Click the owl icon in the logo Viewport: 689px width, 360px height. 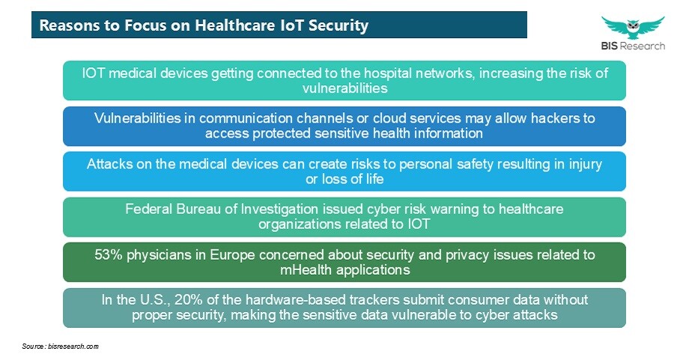click(633, 27)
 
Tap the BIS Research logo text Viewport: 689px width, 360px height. click(633, 46)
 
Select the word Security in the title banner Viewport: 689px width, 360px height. click(338, 25)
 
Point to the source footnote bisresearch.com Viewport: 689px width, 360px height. click(61, 347)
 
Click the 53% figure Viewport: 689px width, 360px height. click(109, 254)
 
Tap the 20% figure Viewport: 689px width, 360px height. click(189, 300)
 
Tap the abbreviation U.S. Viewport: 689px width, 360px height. click(156, 300)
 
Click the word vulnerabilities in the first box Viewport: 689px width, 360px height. click(345, 88)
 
